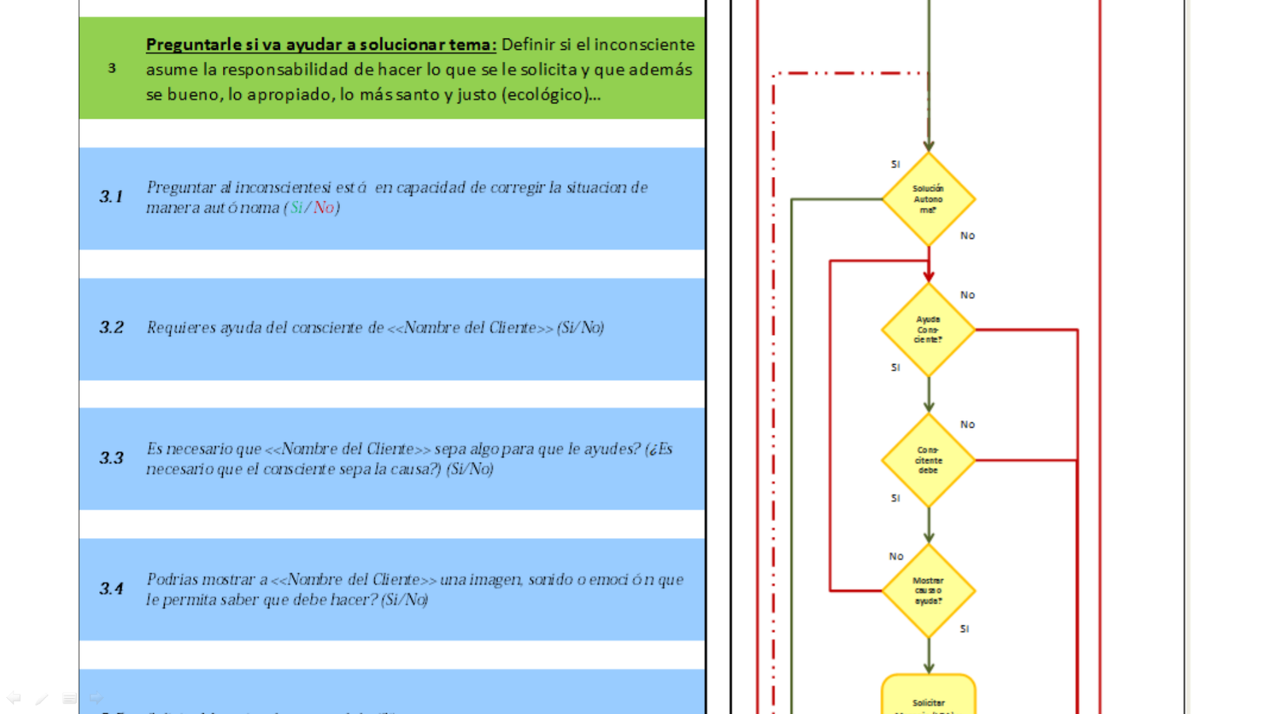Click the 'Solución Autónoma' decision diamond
pyautogui.click(x=928, y=199)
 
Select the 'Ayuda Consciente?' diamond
pyautogui.click(x=928, y=329)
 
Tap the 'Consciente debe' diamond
pyautogui.click(x=928, y=460)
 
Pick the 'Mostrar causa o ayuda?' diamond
pyautogui.click(x=928, y=590)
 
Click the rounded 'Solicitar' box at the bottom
pyautogui.click(x=928, y=698)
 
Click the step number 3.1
pyautogui.click(x=111, y=197)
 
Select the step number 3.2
pyautogui.click(x=111, y=328)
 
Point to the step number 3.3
pyautogui.click(x=111, y=458)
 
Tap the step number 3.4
pyautogui.click(x=111, y=589)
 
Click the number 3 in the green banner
pyautogui.click(x=112, y=68)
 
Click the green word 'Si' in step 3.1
pyautogui.click(x=296, y=208)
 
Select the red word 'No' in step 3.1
pyautogui.click(x=323, y=208)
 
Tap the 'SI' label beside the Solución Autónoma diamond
pyautogui.click(x=895, y=164)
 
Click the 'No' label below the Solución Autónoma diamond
pyautogui.click(x=968, y=236)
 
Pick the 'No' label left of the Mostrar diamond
pyautogui.click(x=896, y=556)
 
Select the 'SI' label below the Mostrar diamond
pyautogui.click(x=964, y=629)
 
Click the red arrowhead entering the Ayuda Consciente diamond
pyautogui.click(x=929, y=276)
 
